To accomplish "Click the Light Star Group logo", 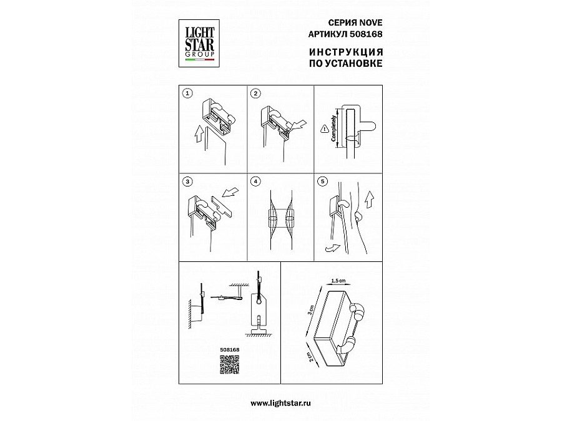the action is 199,43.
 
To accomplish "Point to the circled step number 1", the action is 187,94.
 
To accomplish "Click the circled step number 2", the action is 255,94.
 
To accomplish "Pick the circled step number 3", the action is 187,182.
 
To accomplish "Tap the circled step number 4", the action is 255,182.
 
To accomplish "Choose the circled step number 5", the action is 323,182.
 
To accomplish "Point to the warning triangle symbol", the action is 324,130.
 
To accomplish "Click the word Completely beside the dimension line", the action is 334,128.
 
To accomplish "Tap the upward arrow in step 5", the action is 370,200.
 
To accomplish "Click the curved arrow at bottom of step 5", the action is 332,247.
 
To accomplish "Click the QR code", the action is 229,365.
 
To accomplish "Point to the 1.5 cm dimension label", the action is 338,281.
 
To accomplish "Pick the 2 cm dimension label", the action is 311,356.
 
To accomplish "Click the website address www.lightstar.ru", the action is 280,403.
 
